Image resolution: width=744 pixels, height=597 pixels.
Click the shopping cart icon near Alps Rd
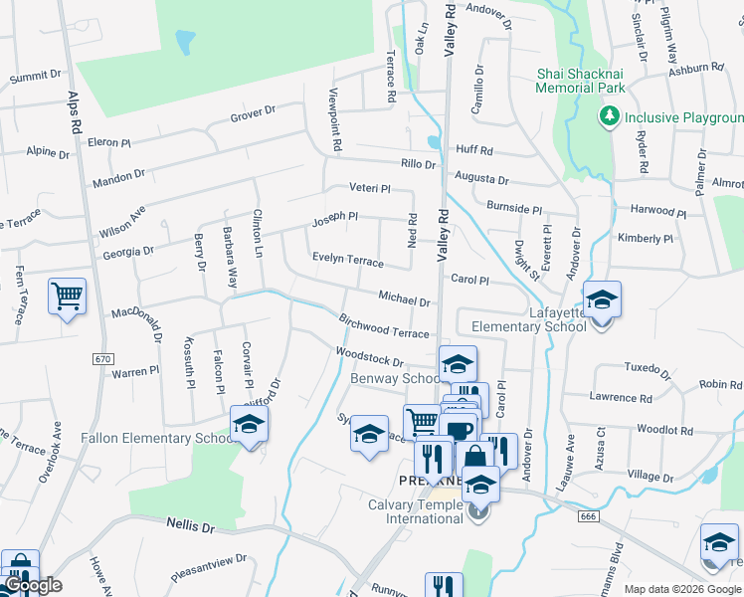[67, 296]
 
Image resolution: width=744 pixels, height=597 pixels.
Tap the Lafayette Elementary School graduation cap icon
[602, 298]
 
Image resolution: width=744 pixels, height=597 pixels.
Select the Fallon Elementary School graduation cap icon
[249, 424]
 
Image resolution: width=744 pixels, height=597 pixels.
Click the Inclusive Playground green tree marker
[609, 117]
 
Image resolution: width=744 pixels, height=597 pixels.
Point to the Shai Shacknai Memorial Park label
[581, 81]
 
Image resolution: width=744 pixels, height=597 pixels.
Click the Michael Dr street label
[404, 298]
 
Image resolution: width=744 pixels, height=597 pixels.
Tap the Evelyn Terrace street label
[347, 260]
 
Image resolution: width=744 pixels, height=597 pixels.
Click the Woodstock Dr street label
[370, 357]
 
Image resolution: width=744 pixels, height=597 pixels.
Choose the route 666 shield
[587, 515]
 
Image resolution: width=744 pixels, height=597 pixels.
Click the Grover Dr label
[252, 116]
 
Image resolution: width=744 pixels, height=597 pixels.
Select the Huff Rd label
[474, 150]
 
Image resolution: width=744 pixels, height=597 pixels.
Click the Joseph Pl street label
[335, 217]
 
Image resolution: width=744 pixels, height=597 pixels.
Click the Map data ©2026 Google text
[682, 589]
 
